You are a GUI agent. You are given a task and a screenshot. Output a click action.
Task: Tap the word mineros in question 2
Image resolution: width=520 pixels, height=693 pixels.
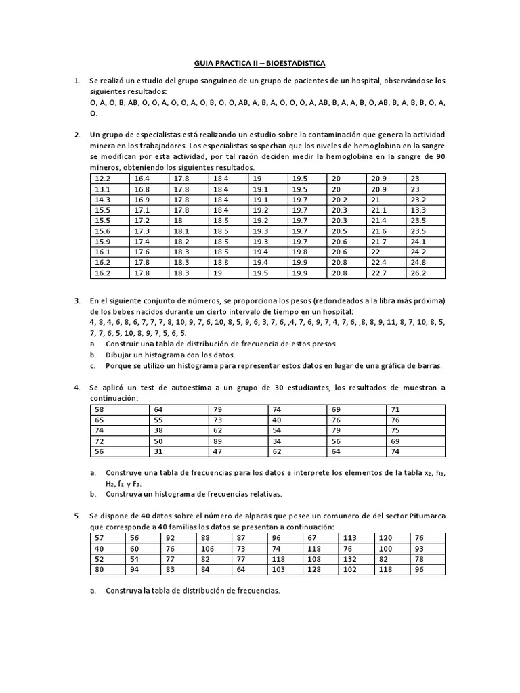tap(107, 167)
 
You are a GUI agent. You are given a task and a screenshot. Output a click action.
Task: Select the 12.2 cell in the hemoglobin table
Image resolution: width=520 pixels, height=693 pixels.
tap(102, 179)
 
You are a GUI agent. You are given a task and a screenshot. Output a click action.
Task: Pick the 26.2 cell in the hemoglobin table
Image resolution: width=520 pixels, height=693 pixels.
tap(418, 273)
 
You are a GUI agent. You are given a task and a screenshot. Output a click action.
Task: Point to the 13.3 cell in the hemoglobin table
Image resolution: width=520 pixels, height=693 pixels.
tap(418, 210)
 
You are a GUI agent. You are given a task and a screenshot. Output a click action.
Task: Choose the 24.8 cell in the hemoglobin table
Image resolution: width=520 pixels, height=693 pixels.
tap(418, 263)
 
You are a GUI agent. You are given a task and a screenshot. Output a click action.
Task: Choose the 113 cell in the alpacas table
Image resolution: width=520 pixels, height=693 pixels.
tap(350, 538)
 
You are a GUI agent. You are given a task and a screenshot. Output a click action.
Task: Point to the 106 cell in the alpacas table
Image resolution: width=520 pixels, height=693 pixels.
tap(207, 549)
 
